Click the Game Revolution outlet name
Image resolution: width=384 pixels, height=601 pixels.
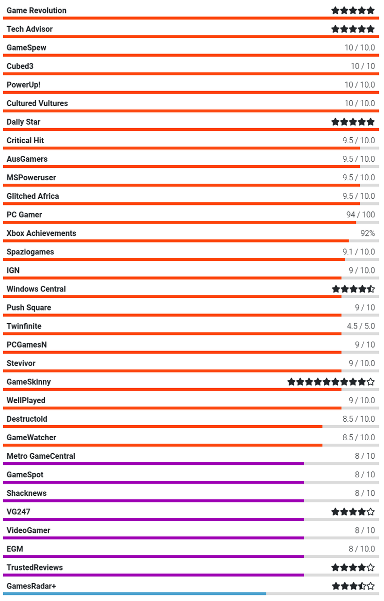[x=37, y=11]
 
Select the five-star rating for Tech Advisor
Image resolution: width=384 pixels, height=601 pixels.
[x=353, y=29]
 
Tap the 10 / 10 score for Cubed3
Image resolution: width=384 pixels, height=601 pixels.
[x=362, y=66]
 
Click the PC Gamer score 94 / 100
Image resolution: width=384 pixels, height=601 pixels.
[x=360, y=215]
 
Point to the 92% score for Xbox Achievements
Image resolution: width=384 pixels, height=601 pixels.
[x=367, y=233]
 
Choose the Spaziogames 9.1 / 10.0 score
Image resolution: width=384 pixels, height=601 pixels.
[x=358, y=252]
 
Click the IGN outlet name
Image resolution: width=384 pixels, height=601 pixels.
[x=13, y=270]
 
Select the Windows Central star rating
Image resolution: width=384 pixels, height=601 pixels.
[x=353, y=289]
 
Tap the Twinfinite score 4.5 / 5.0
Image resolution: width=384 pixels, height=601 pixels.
[x=360, y=326]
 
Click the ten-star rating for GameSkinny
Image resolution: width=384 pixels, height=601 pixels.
[x=331, y=382]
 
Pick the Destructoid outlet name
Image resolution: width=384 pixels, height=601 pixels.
[x=27, y=419]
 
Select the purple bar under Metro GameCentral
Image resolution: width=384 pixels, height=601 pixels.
[x=153, y=463]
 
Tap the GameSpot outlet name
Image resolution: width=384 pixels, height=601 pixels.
[x=25, y=474]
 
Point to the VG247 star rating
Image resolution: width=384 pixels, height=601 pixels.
[x=353, y=511]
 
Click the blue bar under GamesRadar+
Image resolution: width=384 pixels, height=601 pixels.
[x=134, y=593]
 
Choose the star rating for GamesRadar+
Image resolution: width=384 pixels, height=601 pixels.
[x=353, y=586]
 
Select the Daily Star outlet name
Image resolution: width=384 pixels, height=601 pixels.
[x=24, y=122]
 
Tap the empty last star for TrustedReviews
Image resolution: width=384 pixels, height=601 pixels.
[x=370, y=567]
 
